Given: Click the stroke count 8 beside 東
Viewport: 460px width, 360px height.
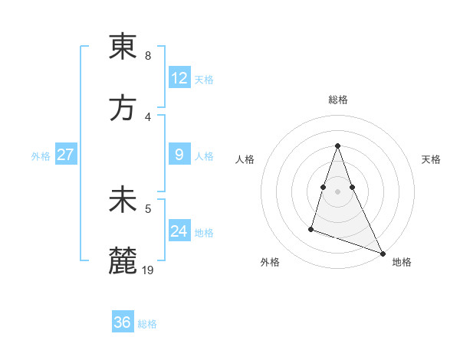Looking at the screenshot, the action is tap(148, 56).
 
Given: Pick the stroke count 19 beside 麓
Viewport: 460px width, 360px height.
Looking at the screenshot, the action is tap(149, 270).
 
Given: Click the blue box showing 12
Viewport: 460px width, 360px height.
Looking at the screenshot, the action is tap(179, 77).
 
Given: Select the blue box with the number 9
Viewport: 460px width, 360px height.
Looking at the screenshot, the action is tap(179, 155).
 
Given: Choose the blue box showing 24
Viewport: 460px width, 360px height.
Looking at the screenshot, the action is tap(179, 231).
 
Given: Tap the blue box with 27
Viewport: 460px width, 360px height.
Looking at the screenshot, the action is tap(65, 155).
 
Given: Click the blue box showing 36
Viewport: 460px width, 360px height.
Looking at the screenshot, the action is tap(123, 322).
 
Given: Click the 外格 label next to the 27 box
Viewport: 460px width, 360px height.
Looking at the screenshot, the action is tap(41, 156).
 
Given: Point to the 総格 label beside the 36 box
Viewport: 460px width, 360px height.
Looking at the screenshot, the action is tap(147, 324).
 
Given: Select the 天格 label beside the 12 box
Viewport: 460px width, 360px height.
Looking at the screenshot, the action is tap(204, 79).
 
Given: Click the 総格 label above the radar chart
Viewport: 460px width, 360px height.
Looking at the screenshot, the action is tap(338, 100).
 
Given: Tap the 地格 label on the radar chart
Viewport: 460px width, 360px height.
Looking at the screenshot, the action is tap(402, 262).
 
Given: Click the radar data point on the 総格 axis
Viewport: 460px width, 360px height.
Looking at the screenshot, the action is tap(337, 146).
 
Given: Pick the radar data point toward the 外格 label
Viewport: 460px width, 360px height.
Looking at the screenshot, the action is tap(311, 228).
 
